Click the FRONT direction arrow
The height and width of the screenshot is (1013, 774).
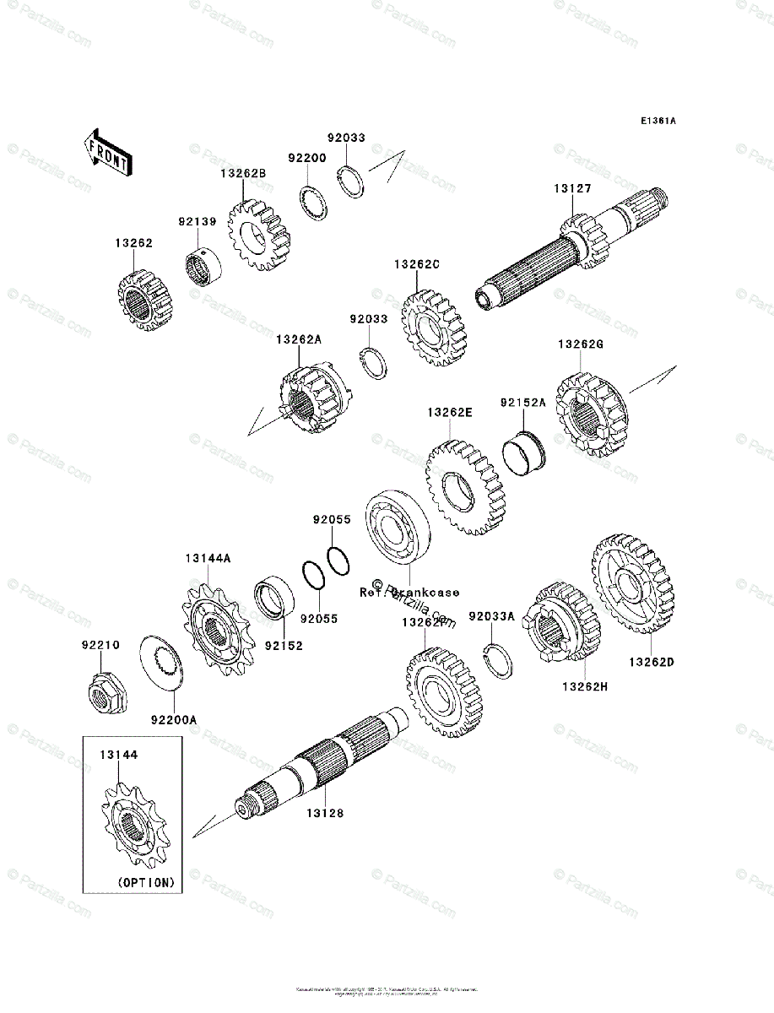(107, 152)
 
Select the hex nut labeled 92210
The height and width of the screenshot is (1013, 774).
(103, 695)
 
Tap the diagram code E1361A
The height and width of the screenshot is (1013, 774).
(658, 121)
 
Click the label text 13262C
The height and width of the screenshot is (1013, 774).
(416, 264)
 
